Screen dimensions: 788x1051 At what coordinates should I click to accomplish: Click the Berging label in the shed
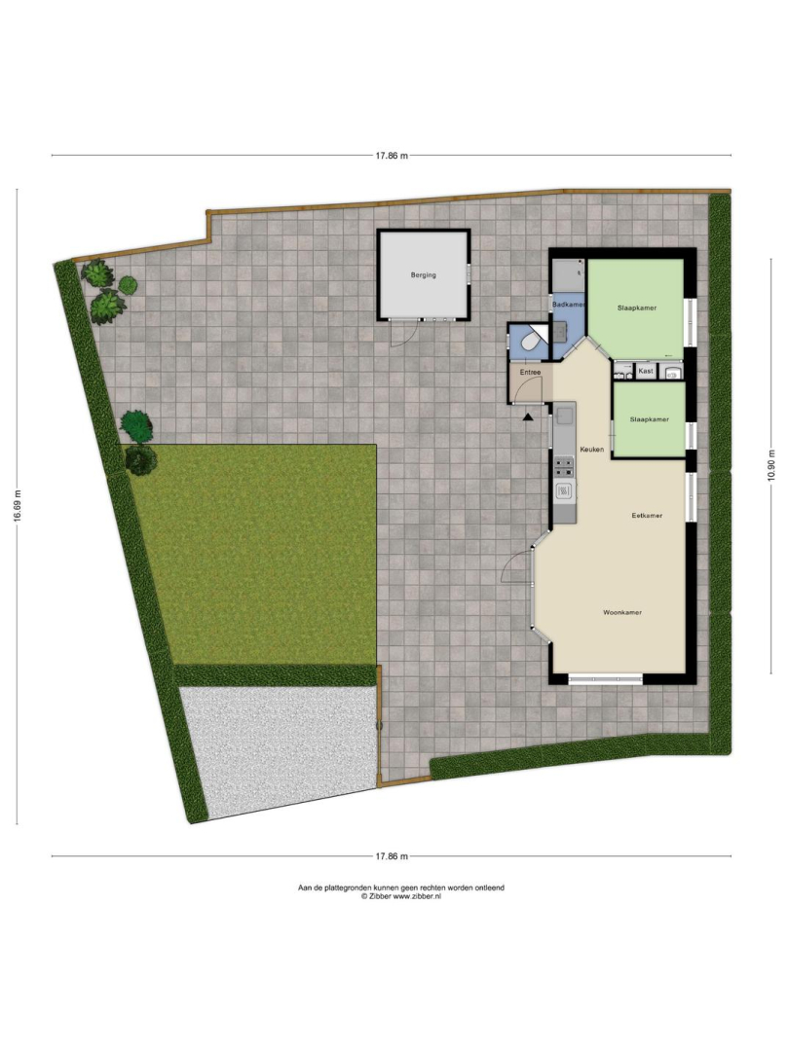pyautogui.click(x=423, y=274)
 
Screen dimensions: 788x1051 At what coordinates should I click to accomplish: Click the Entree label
pyautogui.click(x=530, y=372)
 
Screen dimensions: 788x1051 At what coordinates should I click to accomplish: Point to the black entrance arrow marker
pyautogui.click(x=529, y=417)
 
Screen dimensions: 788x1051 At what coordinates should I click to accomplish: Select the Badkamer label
pyautogui.click(x=569, y=305)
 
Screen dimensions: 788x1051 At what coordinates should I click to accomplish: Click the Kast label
pyautogui.click(x=646, y=371)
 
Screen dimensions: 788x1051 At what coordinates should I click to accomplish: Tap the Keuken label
pyautogui.click(x=592, y=449)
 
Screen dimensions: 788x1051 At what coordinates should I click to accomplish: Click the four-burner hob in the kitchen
pyautogui.click(x=564, y=466)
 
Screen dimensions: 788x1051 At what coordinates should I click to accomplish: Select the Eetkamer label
pyautogui.click(x=647, y=516)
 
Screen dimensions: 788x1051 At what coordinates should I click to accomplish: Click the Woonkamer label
pyautogui.click(x=622, y=613)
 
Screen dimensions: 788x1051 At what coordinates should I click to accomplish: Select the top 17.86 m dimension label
pyautogui.click(x=391, y=156)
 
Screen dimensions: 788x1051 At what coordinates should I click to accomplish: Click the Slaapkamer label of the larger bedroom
pyautogui.click(x=637, y=308)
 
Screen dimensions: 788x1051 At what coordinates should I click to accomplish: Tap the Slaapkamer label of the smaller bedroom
pyautogui.click(x=649, y=419)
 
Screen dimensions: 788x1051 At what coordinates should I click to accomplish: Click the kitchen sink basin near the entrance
pyautogui.click(x=564, y=417)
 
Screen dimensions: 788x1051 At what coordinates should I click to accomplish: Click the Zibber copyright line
pyautogui.click(x=401, y=896)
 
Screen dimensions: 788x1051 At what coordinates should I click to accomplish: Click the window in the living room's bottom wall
pyautogui.click(x=606, y=679)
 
